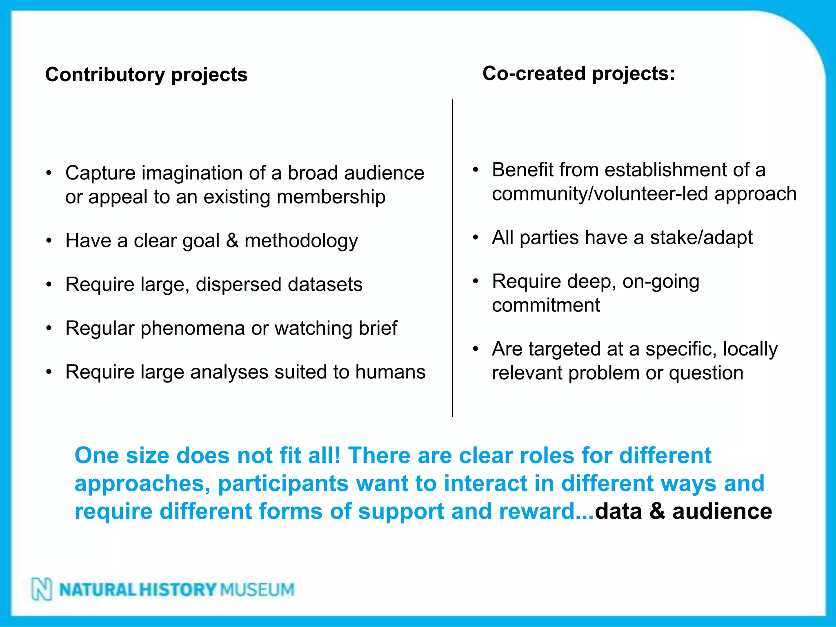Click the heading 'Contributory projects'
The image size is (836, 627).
pyautogui.click(x=146, y=75)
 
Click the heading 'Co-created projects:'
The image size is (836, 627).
pyautogui.click(x=578, y=74)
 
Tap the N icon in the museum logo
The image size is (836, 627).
pyautogui.click(x=42, y=589)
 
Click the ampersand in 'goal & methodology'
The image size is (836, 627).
pyautogui.click(x=232, y=240)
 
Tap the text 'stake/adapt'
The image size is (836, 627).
pyautogui.click(x=701, y=238)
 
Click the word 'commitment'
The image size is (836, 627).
pyautogui.click(x=546, y=305)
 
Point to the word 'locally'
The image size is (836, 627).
pyautogui.click(x=750, y=349)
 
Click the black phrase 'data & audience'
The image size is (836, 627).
pyautogui.click(x=683, y=511)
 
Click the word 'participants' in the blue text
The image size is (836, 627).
pyautogui.click(x=283, y=483)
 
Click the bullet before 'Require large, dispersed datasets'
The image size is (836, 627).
pyautogui.click(x=49, y=285)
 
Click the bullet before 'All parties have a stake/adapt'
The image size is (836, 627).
pyautogui.click(x=476, y=238)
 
